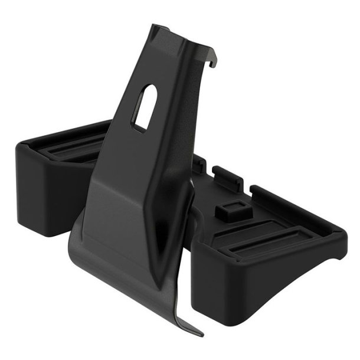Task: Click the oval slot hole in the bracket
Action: click(145, 106)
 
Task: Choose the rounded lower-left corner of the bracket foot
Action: click(73, 248)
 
